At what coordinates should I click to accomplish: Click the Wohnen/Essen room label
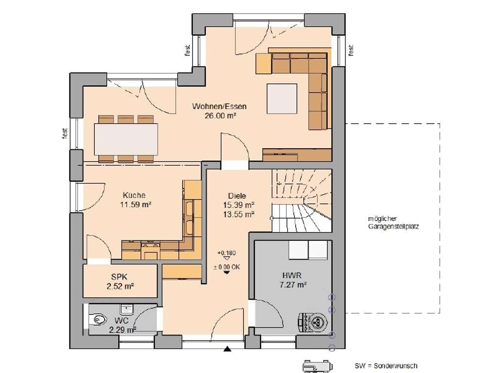click(x=219, y=106)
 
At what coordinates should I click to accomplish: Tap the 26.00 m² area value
click(x=220, y=116)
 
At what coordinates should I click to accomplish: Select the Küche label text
click(x=134, y=195)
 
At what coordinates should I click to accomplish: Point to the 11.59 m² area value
click(x=135, y=204)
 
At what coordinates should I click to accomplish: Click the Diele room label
click(x=237, y=196)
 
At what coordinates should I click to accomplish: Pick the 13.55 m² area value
click(x=239, y=214)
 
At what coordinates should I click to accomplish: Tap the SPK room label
click(x=119, y=277)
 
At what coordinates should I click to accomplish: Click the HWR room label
click(x=292, y=275)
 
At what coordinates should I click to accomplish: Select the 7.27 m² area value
click(x=293, y=285)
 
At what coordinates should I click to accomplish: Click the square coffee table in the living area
click(x=282, y=99)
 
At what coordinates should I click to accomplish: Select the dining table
click(x=126, y=139)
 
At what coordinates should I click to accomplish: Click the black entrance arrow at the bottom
click(x=227, y=350)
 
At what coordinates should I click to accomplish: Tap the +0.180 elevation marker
click(x=227, y=253)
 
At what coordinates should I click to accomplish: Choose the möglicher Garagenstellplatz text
click(x=393, y=222)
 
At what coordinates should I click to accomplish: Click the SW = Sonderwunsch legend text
click(x=386, y=366)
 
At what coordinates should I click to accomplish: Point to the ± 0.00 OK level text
click(x=227, y=267)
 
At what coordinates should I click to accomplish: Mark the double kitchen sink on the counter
click(x=189, y=217)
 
